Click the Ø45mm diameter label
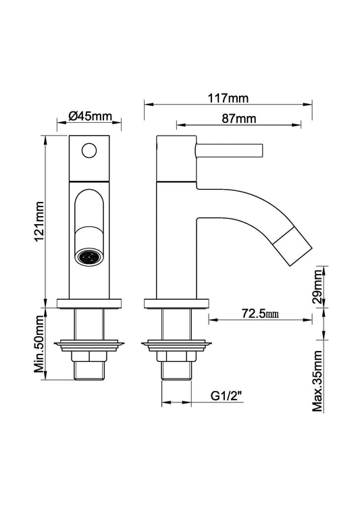(x=90, y=116)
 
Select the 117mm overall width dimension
(x=229, y=98)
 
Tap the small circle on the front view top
(x=89, y=151)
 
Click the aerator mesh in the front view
(x=89, y=257)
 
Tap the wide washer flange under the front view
(x=90, y=344)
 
